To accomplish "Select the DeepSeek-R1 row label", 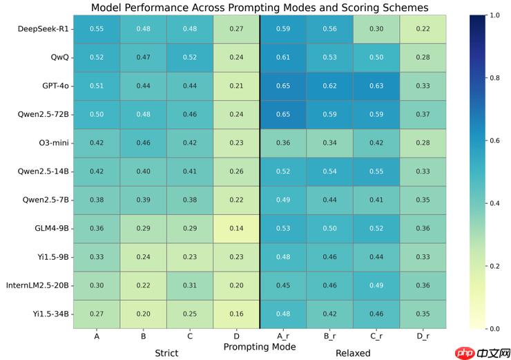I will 45,29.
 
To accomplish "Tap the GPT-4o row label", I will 55,86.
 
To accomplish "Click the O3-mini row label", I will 52,142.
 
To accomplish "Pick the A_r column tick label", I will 283,336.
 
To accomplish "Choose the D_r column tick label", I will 423,336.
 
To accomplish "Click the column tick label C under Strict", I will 190,336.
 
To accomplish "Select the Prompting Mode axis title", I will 260,346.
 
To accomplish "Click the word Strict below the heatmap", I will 166,353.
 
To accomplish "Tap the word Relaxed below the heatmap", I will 353,353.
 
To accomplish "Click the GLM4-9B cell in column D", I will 237,228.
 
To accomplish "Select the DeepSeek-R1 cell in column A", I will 97,29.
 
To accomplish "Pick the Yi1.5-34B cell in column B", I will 144,313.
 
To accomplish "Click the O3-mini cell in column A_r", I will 283,143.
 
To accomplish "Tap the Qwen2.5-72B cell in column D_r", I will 423,114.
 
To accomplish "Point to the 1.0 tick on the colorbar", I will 494,15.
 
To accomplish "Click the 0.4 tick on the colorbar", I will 494,203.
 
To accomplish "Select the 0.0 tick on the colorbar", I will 494,328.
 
